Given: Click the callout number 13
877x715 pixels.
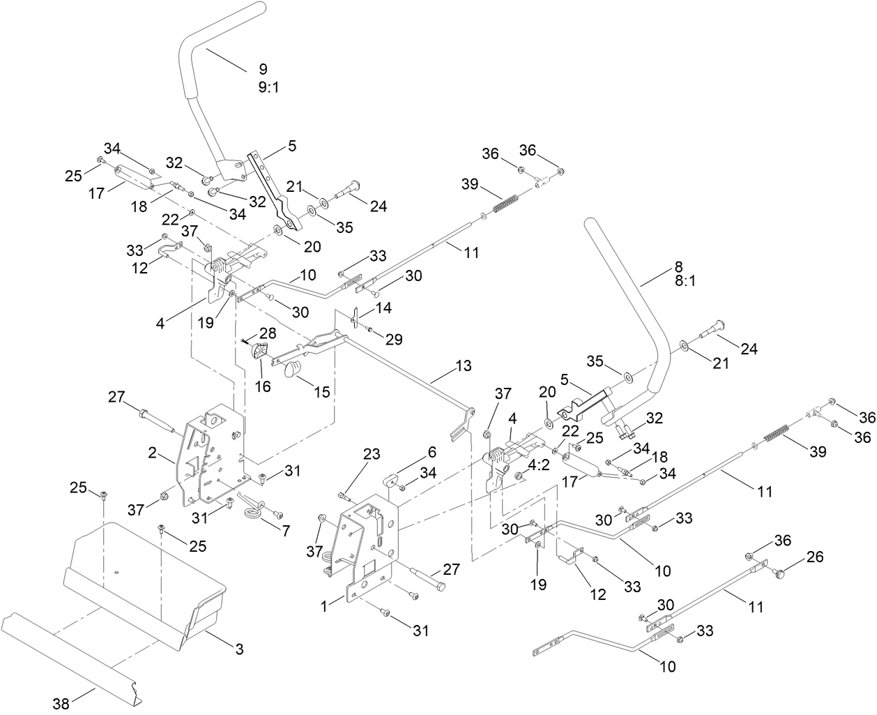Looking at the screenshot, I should [463, 366].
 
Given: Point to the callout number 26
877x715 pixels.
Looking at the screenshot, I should [815, 557].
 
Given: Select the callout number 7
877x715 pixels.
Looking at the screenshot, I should [285, 531].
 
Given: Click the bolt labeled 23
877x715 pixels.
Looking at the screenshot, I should [343, 496].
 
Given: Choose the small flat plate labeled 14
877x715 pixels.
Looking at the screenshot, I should [354, 319].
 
